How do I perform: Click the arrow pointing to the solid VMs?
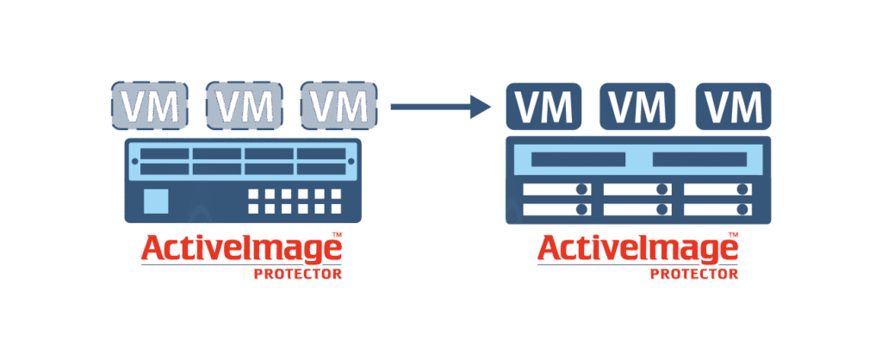tap(441, 106)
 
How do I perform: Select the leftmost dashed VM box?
tap(149, 104)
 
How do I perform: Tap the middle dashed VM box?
tap(244, 104)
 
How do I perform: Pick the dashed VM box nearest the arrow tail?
tap(339, 104)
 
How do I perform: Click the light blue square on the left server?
tap(156, 201)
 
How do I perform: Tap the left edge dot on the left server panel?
tap(134, 161)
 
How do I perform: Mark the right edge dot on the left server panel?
tap(351, 161)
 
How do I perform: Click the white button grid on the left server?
tap(295, 201)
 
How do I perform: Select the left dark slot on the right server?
tap(578, 159)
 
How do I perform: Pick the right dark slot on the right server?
tap(699, 159)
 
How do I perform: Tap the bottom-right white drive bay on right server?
tap(718, 209)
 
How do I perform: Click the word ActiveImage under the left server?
tap(241, 249)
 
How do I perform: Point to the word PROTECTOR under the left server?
tap(297, 275)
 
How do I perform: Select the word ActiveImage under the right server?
tap(638, 249)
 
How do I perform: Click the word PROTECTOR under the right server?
tap(694, 275)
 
